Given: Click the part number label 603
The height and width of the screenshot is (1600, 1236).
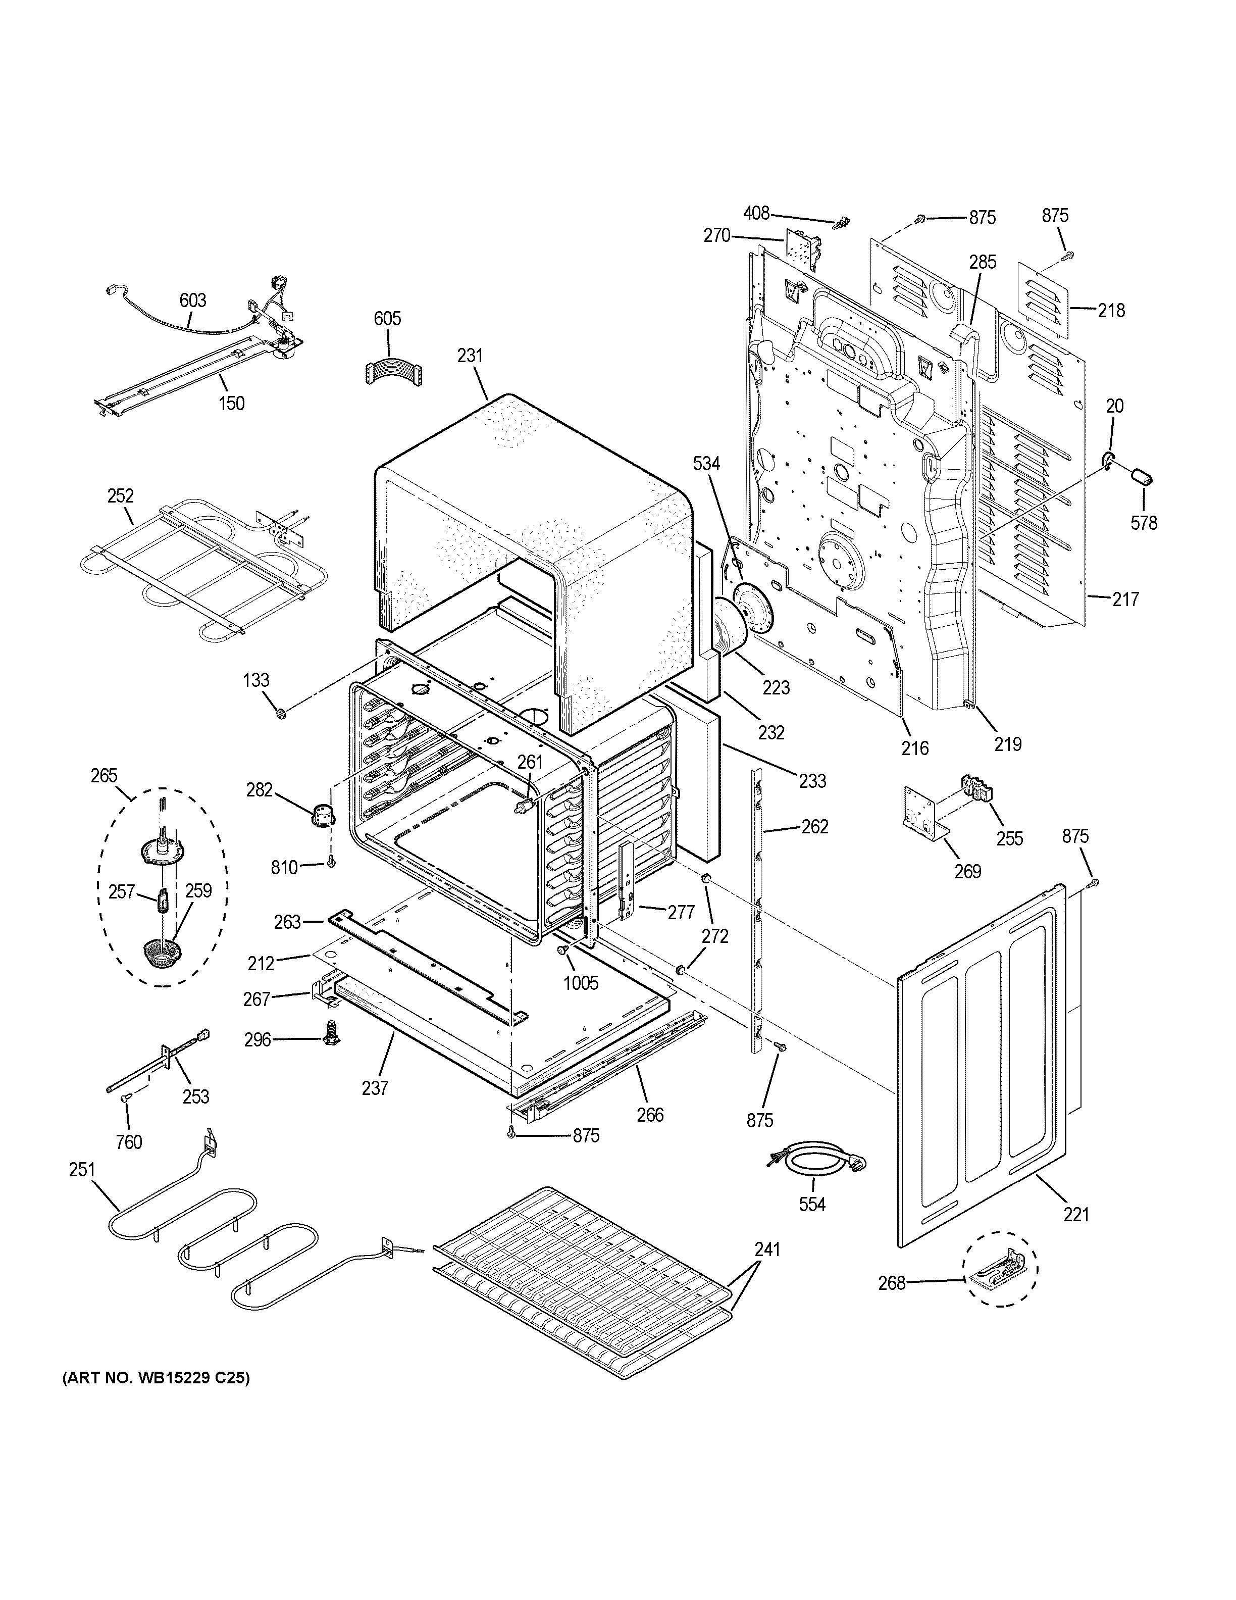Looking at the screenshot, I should [192, 301].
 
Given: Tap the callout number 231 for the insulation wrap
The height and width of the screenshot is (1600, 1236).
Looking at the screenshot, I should [470, 356].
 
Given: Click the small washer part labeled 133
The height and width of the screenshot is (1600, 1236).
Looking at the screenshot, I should [280, 712].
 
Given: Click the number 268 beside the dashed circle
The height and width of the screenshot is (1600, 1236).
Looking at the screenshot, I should [892, 1283].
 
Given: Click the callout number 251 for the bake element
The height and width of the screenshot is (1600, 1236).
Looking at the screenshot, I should [82, 1170].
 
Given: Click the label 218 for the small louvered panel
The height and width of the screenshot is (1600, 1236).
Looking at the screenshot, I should [1111, 311].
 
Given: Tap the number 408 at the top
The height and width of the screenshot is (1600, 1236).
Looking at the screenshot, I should [756, 213].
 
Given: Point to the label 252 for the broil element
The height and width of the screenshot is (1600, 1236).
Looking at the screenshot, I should [120, 496].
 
